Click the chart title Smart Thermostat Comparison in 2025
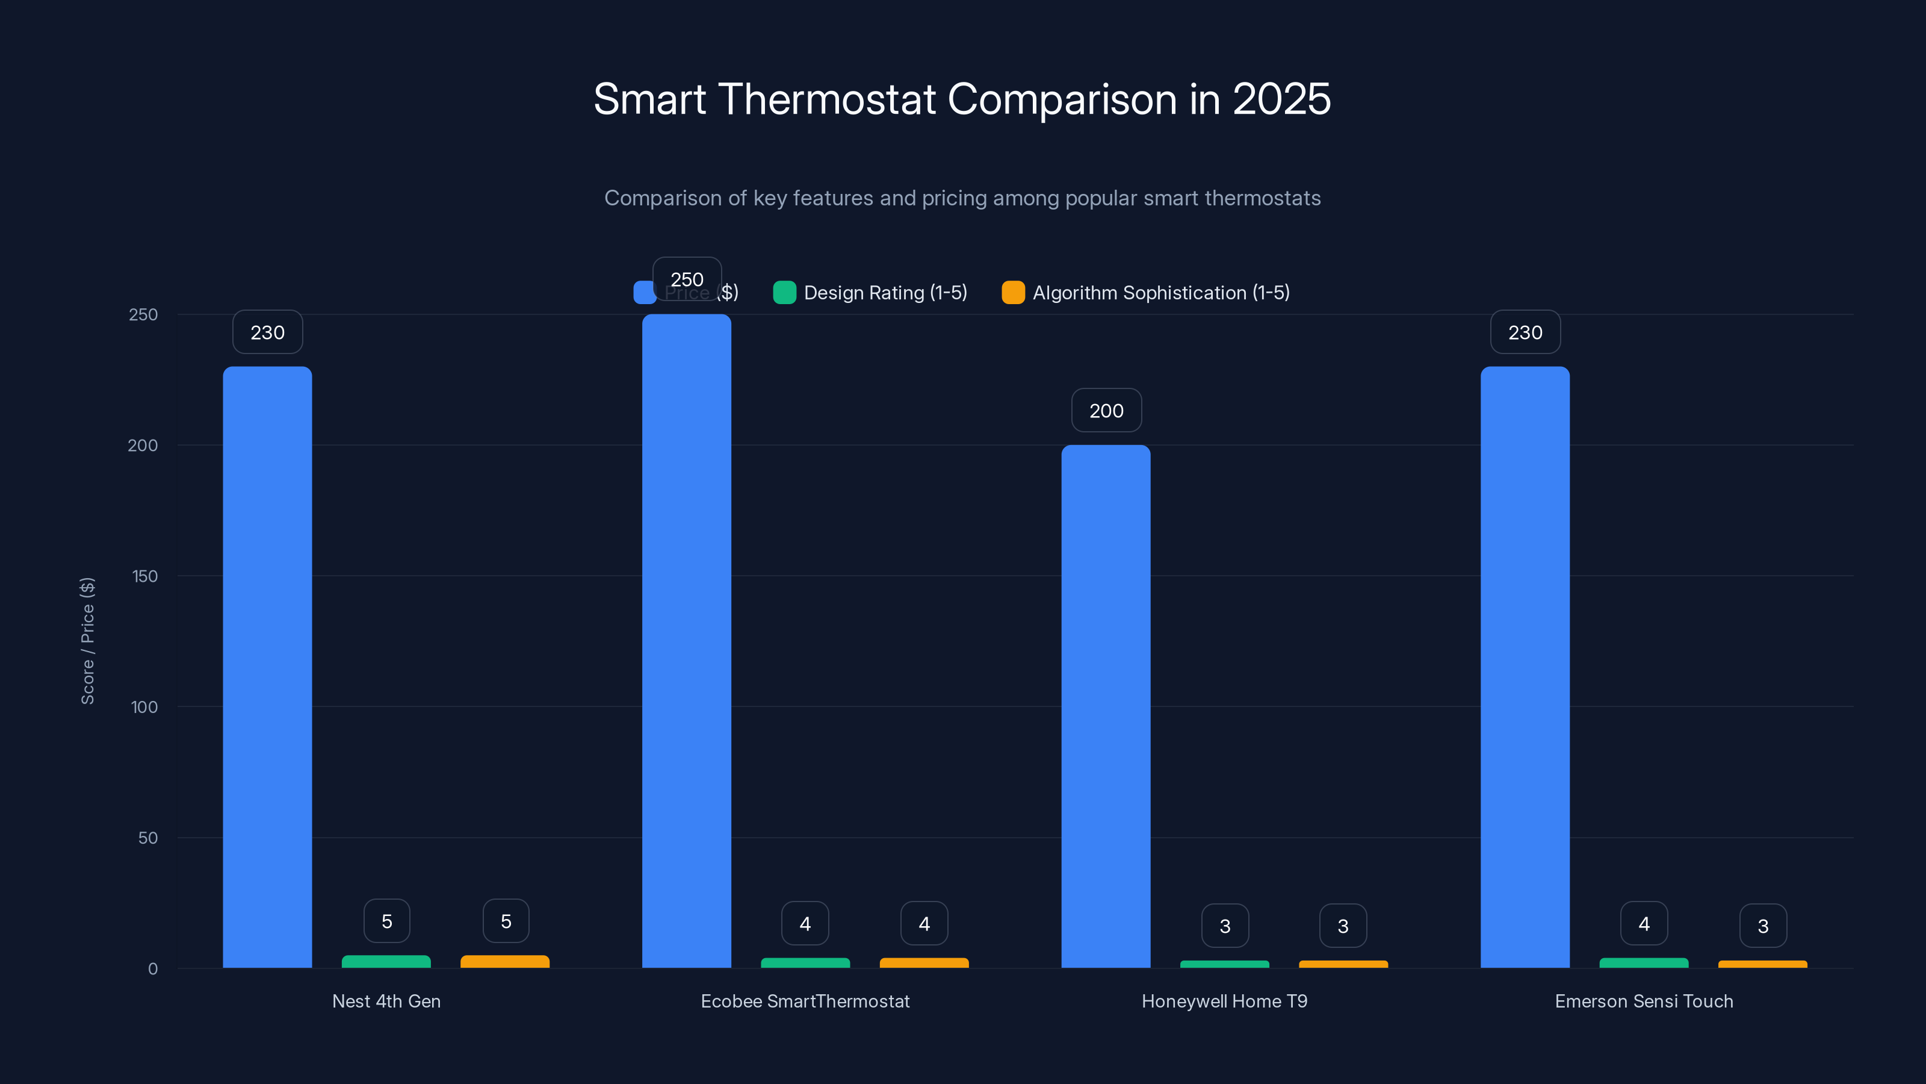pyautogui.click(x=962, y=99)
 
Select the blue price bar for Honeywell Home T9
pyautogui.click(x=1106, y=706)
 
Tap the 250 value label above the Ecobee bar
pyautogui.click(x=686, y=279)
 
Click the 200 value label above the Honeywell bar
pyautogui.click(x=1106, y=410)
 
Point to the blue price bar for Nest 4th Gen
pyautogui.click(x=267, y=666)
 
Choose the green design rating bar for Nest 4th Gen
pyautogui.click(x=386, y=961)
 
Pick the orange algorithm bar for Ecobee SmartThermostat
pyautogui.click(x=924, y=963)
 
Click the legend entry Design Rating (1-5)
pyautogui.click(x=870, y=293)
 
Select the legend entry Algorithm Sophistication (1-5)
pyautogui.click(x=1145, y=293)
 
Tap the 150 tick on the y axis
pyautogui.click(x=145, y=576)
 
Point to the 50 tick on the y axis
pyautogui.click(x=148, y=838)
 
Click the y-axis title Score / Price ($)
pyautogui.click(x=87, y=640)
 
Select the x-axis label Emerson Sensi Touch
pyautogui.click(x=1643, y=1001)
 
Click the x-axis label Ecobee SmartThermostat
pyautogui.click(x=805, y=1001)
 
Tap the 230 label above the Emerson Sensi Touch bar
pyautogui.click(x=1525, y=332)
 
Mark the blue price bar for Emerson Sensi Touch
pyautogui.click(x=1525, y=666)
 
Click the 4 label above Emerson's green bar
pyautogui.click(x=1643, y=923)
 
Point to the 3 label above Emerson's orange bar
pyautogui.click(x=1762, y=926)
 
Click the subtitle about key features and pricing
pyautogui.click(x=962, y=198)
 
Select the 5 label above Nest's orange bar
pyautogui.click(x=506, y=921)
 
